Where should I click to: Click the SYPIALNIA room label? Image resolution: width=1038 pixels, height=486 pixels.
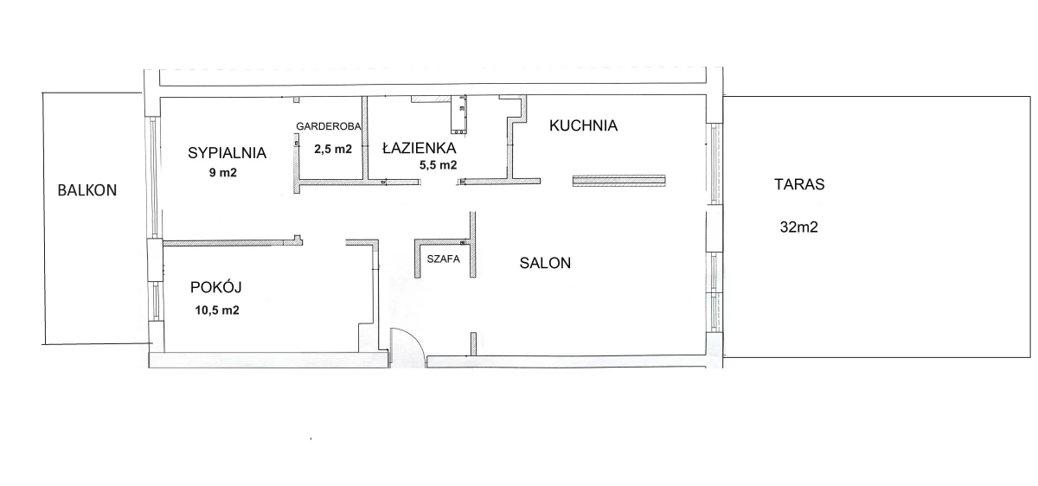[x=227, y=153]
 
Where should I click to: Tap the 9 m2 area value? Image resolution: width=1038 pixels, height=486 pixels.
[x=223, y=173]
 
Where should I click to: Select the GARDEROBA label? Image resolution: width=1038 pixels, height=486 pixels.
[x=329, y=126]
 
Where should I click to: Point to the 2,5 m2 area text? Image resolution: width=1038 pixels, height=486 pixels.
[x=333, y=150]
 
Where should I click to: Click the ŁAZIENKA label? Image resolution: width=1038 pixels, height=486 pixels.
[x=419, y=147]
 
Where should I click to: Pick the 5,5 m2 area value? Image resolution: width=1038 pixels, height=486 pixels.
[x=438, y=165]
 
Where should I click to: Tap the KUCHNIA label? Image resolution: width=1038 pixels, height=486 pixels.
[x=583, y=125]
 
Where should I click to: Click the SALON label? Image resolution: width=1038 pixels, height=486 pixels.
[x=545, y=263]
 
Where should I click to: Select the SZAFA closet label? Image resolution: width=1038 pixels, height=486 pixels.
[x=444, y=259]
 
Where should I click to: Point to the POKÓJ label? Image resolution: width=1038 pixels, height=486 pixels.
[x=216, y=287]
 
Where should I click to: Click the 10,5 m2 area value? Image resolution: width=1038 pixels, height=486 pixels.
[x=217, y=310]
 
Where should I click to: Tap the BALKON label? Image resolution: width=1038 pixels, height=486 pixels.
[x=87, y=190]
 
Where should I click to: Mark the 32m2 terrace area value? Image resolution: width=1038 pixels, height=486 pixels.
[x=799, y=227]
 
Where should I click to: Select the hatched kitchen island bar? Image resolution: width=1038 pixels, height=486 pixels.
[x=619, y=181]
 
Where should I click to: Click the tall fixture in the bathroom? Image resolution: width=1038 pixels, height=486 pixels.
[x=458, y=114]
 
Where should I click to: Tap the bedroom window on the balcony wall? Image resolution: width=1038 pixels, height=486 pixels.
[x=153, y=177]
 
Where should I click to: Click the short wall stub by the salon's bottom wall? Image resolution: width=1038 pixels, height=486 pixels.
[x=473, y=344]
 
